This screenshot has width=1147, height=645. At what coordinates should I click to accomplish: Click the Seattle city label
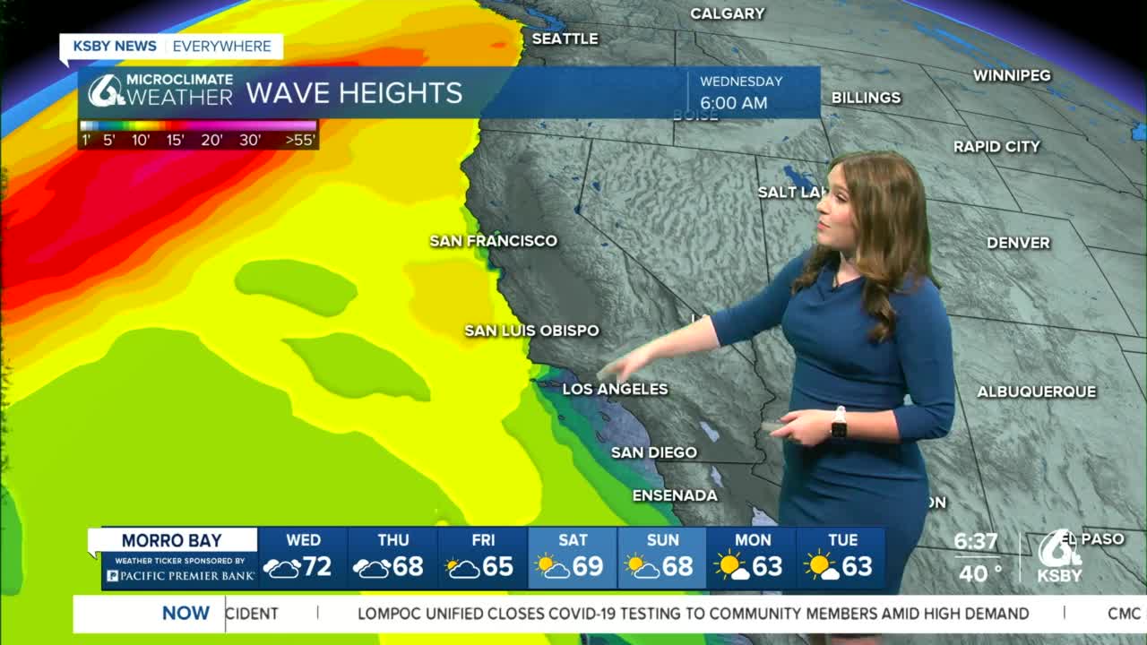tap(565, 39)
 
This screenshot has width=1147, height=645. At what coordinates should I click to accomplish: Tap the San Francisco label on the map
tap(493, 241)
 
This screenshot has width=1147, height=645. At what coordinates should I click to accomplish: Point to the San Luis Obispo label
tap(531, 331)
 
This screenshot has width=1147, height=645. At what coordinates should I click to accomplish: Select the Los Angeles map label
tap(615, 389)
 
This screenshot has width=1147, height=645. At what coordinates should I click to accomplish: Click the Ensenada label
tap(675, 495)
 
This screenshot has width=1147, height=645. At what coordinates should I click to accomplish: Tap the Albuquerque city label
tap(1036, 391)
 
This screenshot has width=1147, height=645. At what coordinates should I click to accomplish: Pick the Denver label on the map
tap(1018, 243)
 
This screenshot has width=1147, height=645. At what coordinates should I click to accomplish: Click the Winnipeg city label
tap(1012, 75)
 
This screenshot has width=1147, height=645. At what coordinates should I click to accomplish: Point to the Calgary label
tap(727, 13)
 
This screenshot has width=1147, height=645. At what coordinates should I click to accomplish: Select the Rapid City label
tap(996, 146)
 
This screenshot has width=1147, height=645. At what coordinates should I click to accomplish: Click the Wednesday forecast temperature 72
tap(317, 567)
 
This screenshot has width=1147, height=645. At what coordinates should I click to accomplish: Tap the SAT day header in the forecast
tap(573, 540)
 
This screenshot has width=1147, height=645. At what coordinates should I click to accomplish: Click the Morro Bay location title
tap(171, 540)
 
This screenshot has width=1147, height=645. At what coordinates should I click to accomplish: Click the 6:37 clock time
tap(975, 542)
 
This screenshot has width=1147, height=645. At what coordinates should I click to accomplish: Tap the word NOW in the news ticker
tap(185, 614)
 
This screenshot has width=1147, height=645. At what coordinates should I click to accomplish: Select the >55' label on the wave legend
tap(299, 140)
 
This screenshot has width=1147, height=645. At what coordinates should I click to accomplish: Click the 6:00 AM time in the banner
tap(734, 103)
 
